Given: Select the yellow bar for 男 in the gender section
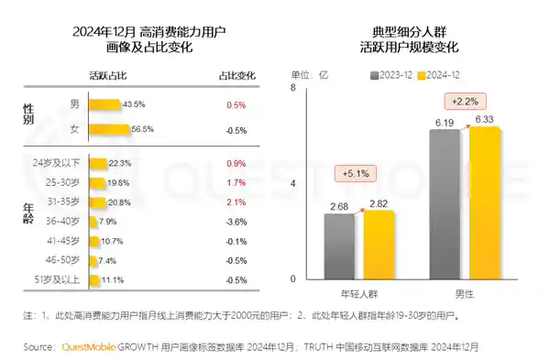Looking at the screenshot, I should tap(104, 105).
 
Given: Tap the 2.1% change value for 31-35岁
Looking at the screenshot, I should tap(235, 202).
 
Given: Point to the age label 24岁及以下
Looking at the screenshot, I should tap(57, 162).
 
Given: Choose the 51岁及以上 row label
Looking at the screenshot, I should tap(57, 279).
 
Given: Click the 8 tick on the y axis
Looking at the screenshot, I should tap(292, 88).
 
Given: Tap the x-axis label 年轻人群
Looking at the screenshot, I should tap(357, 294).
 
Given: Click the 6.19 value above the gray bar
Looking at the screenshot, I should tap(445, 121).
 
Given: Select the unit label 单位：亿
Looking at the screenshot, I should tap(309, 75).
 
